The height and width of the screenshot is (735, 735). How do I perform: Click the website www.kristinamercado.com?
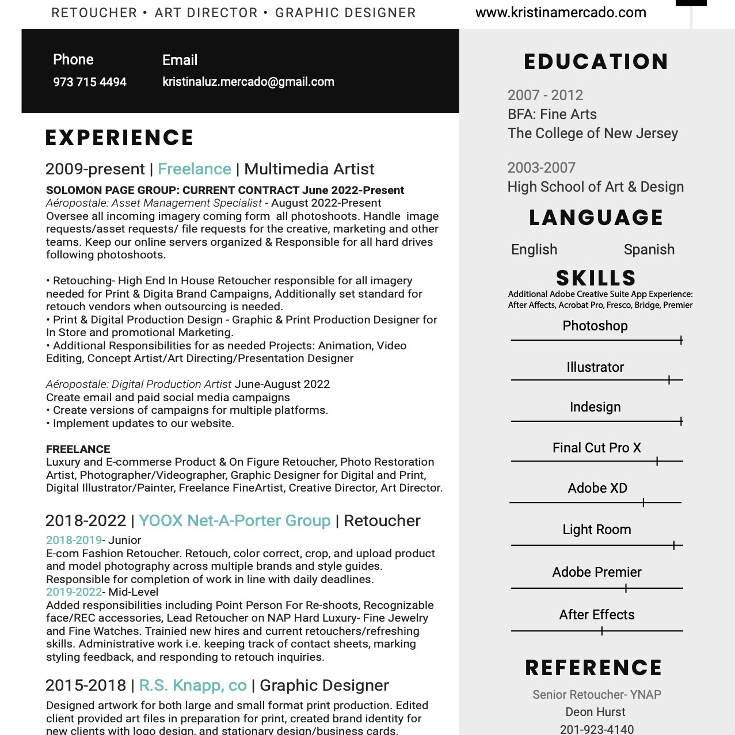pyautogui.click(x=561, y=13)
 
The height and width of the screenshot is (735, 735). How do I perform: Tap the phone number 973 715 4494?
pyautogui.click(x=90, y=82)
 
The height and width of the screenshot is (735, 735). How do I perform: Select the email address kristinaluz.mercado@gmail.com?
pyautogui.click(x=248, y=82)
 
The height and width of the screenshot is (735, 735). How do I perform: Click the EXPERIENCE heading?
pyautogui.click(x=120, y=138)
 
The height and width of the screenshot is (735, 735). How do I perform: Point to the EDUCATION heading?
pyautogui.click(x=596, y=62)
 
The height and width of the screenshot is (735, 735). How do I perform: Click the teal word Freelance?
pyautogui.click(x=195, y=169)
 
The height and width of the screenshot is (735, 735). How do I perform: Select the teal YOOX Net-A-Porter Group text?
pyautogui.click(x=235, y=521)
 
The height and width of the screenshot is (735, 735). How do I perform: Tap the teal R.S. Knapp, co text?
pyautogui.click(x=193, y=686)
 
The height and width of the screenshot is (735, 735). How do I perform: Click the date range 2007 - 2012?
pyautogui.click(x=545, y=96)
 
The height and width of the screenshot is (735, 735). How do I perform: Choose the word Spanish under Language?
pyautogui.click(x=649, y=250)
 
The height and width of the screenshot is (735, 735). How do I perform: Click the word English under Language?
pyautogui.click(x=534, y=250)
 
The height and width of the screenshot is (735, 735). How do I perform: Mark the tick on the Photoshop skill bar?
pyautogui.click(x=681, y=340)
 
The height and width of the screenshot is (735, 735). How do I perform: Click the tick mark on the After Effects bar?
pyautogui.click(x=602, y=631)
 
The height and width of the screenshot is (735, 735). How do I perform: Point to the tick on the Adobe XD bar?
pyautogui.click(x=643, y=502)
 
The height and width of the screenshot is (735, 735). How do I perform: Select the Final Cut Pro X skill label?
pyautogui.click(x=596, y=448)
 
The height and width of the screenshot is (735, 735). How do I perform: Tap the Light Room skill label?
pyautogui.click(x=596, y=530)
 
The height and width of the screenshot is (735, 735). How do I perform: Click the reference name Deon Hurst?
pyautogui.click(x=595, y=712)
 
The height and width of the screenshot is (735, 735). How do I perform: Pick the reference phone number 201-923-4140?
pyautogui.click(x=596, y=729)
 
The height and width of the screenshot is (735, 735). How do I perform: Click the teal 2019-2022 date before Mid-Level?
pyautogui.click(x=74, y=592)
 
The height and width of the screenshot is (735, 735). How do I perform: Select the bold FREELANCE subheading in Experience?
pyautogui.click(x=78, y=450)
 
